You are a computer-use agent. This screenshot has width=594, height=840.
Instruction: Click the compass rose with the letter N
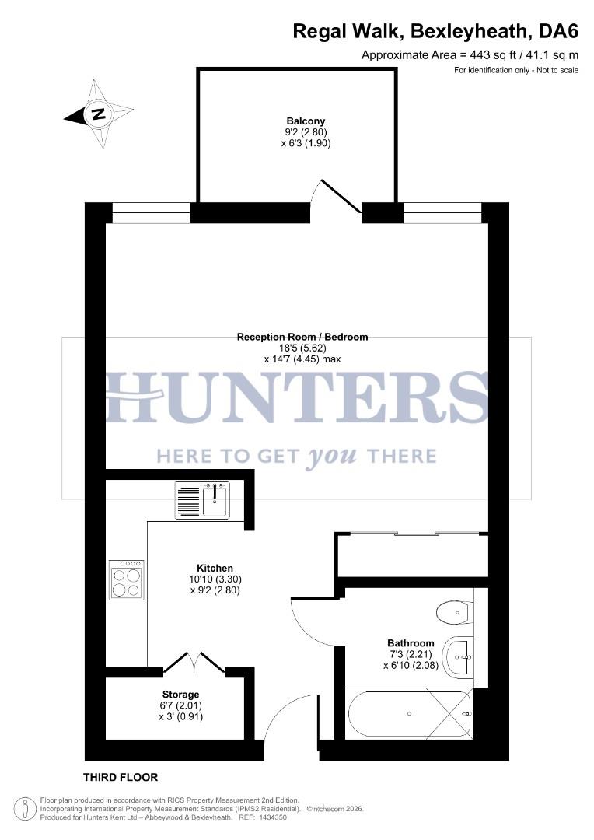99,114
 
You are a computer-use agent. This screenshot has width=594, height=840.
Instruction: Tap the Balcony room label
306,121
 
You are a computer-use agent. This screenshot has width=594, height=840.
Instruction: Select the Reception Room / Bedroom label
302,337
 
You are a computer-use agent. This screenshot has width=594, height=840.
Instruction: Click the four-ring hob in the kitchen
127,580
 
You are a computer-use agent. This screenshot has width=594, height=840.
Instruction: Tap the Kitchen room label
215,569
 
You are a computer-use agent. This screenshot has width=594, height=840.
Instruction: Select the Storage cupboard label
180,695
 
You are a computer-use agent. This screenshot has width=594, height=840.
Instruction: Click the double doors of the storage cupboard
194,663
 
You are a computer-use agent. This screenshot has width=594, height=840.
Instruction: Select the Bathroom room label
411,643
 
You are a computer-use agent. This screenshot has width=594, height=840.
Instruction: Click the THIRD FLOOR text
121,777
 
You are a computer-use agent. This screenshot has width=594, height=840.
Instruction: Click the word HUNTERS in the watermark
297,397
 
